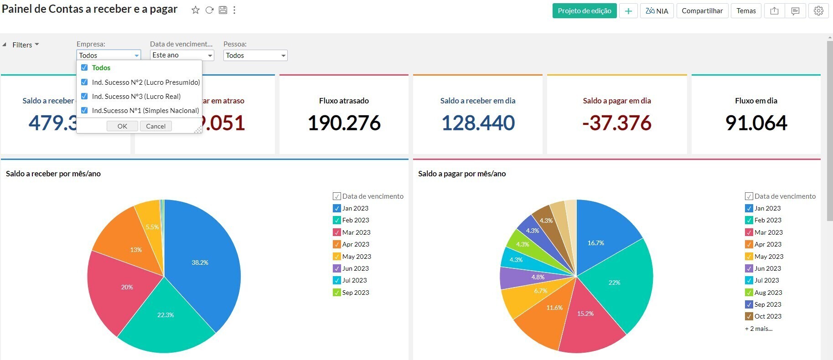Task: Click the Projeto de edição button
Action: pos(584,11)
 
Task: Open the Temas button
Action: pos(746,11)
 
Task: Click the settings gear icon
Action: pos(818,11)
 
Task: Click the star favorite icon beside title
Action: pos(195,10)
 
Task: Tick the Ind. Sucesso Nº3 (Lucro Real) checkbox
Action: pos(84,96)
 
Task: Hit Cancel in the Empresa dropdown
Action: pos(155,126)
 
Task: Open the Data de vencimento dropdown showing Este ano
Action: pos(182,55)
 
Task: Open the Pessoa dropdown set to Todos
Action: pos(255,56)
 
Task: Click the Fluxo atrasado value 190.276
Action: pos(344,123)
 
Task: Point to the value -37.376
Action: pos(616,123)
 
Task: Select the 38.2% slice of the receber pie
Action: pos(201,262)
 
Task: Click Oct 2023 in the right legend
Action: pos(767,316)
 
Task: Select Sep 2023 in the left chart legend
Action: pos(355,293)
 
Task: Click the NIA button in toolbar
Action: pos(657,11)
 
